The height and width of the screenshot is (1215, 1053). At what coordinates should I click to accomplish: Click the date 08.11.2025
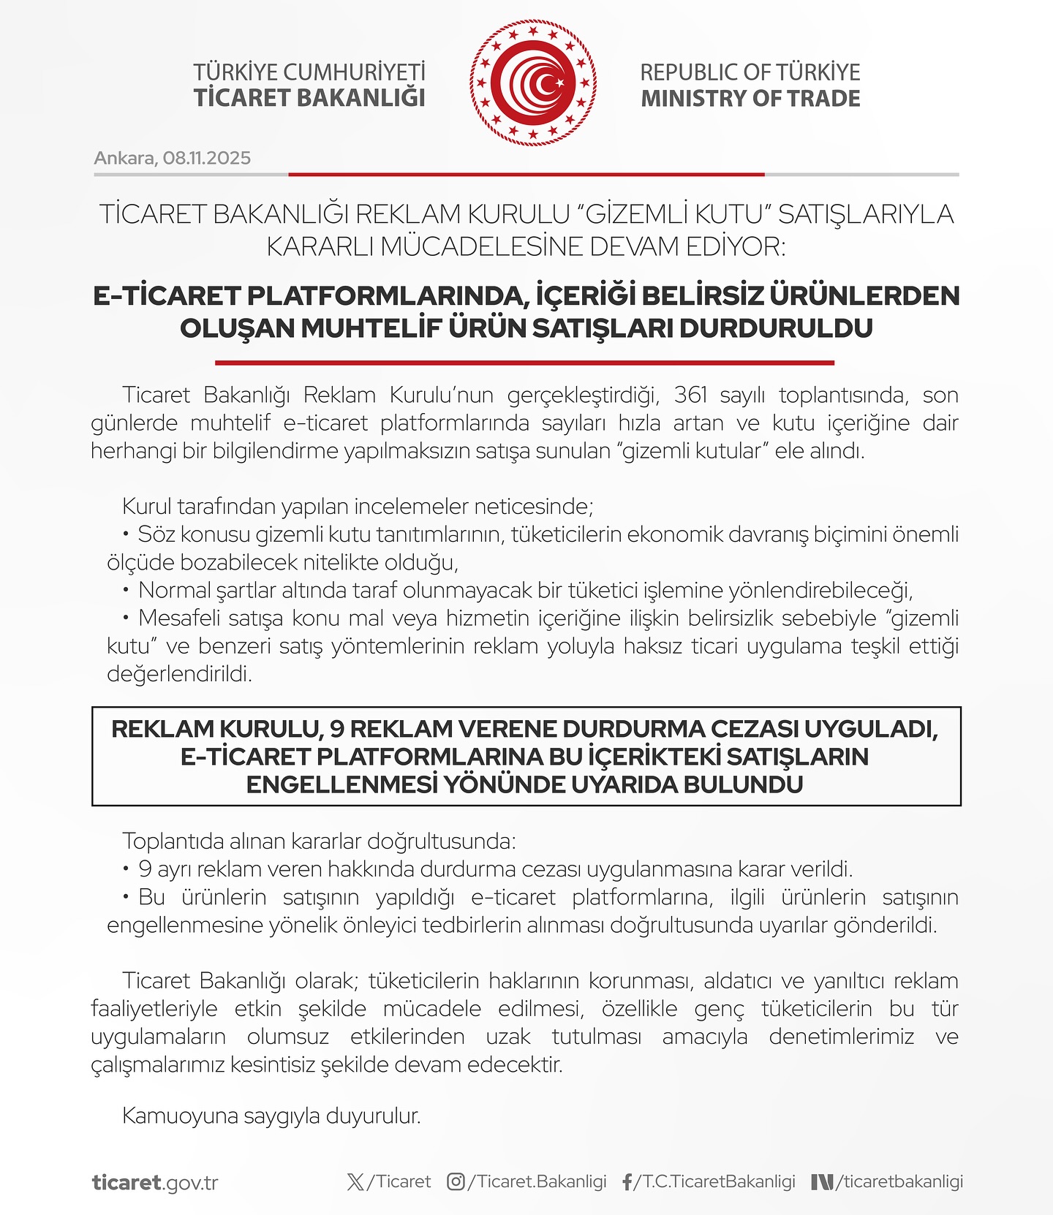coord(207,158)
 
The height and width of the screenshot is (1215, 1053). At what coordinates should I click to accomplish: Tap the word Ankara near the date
coord(124,158)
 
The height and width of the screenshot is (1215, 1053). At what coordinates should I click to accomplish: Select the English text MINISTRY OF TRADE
coord(750,99)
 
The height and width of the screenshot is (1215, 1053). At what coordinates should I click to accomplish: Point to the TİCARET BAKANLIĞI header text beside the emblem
coord(309,98)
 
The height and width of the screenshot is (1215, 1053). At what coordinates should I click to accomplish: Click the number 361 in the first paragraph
coord(690,395)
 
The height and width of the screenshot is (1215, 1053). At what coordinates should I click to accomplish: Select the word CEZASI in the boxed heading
coord(754,729)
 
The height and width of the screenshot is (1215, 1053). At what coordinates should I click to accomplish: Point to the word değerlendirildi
coord(179,674)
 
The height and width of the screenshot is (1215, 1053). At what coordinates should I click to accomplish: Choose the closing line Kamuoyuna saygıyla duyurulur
coord(271,1116)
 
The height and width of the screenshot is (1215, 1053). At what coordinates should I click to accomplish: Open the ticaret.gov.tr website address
coord(155,1182)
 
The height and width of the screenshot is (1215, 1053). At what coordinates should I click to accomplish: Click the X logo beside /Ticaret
coord(355,1181)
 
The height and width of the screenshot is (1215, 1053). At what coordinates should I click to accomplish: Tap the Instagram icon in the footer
coord(456,1181)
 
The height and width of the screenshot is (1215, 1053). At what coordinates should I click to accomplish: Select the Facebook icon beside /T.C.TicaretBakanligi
coord(627,1182)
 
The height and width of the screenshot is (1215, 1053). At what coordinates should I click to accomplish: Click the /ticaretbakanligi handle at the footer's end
coord(899,1181)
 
